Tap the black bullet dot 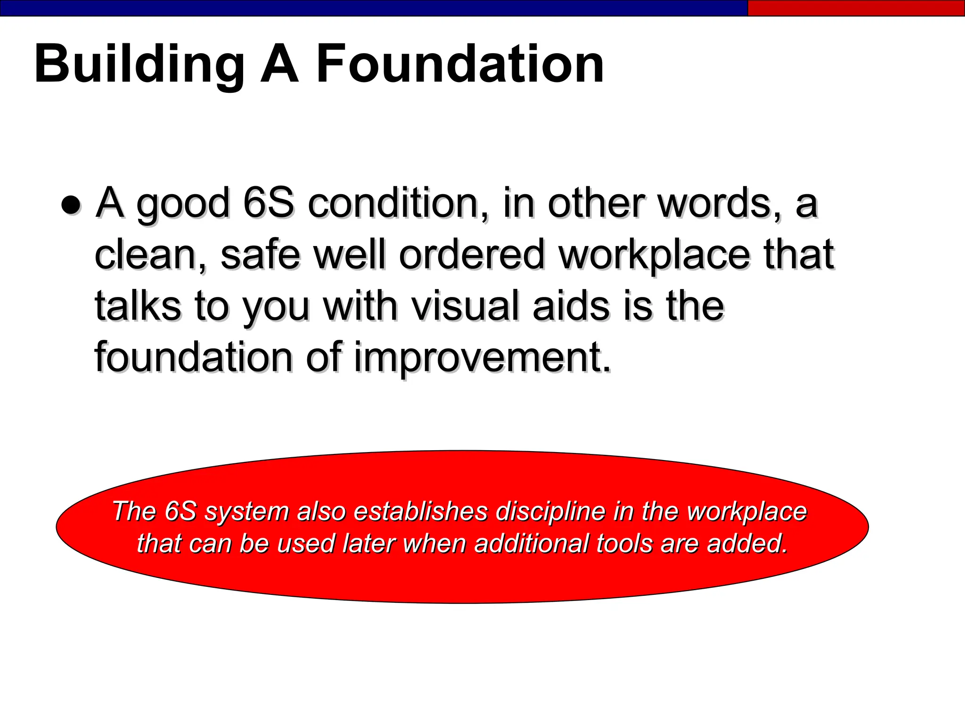(x=71, y=205)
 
